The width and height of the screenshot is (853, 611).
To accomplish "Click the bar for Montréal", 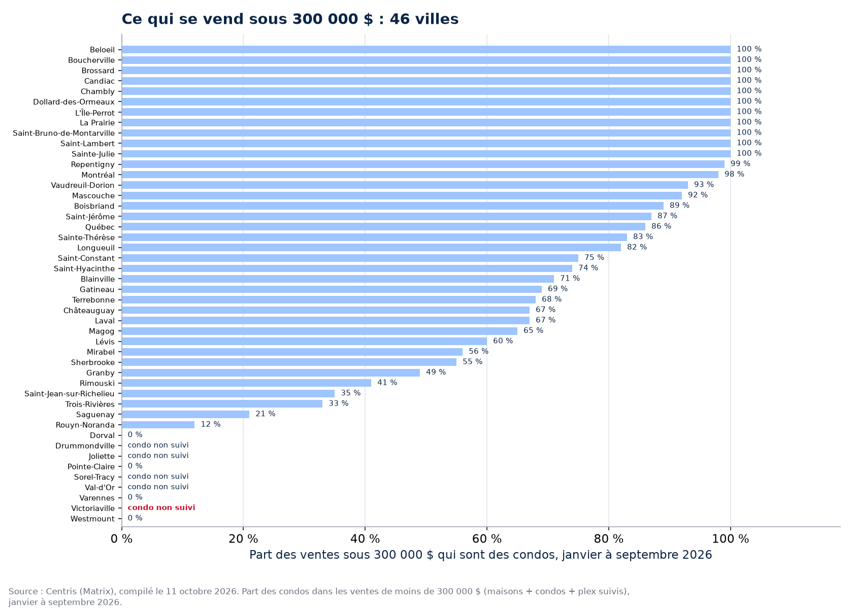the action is [x=420, y=175].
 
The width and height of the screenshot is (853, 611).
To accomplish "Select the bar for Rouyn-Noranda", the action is [x=158, y=425].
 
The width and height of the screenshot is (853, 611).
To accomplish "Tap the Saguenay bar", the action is [x=185, y=415].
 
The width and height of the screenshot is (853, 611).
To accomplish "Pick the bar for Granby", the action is [x=271, y=372].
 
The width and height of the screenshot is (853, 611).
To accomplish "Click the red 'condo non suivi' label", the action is [x=161, y=508].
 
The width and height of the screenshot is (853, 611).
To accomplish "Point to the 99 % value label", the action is [x=740, y=164].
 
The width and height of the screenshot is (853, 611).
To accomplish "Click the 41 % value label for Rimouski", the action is [x=387, y=383].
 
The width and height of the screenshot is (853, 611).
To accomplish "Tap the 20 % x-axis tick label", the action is [x=243, y=539].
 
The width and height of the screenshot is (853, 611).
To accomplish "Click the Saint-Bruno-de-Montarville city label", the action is [x=63, y=133].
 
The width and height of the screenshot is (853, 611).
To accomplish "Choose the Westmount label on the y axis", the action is [x=92, y=519].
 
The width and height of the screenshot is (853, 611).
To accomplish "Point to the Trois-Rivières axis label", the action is [x=90, y=404].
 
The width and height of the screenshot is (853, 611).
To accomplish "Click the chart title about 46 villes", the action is [x=290, y=19].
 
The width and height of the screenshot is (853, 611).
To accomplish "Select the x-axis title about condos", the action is [x=480, y=555].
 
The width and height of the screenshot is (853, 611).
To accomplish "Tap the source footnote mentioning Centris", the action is [x=319, y=597].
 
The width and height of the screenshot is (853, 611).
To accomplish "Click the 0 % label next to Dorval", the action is [x=135, y=435].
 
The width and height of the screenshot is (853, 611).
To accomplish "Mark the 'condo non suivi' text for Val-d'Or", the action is [x=158, y=487].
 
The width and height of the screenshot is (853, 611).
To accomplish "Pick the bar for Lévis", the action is [x=304, y=342].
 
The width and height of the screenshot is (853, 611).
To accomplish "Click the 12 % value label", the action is [x=211, y=424].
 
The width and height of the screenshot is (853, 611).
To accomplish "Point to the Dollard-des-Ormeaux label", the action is [x=74, y=102].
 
